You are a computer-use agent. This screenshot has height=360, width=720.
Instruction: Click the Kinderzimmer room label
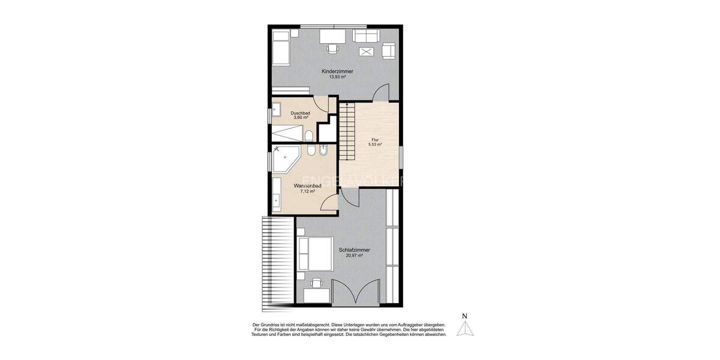[x=337, y=71]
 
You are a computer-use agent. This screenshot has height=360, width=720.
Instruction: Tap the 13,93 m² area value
[x=337, y=77]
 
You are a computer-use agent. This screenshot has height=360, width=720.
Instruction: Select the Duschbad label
[x=299, y=113]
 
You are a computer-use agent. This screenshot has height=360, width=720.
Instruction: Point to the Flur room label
[x=375, y=140]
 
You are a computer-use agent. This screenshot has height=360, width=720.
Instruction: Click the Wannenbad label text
[x=307, y=186]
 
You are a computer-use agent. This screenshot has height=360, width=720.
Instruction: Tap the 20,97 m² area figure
[x=353, y=256]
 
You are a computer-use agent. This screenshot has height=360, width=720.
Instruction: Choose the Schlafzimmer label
[x=353, y=250]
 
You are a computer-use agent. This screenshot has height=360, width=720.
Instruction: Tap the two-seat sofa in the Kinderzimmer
[x=365, y=36]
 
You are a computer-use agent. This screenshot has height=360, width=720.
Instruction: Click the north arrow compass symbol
[x=465, y=329]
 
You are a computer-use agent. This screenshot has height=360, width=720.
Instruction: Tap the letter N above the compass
[x=464, y=316]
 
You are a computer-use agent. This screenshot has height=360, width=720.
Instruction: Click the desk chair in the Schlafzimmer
[x=316, y=283]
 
